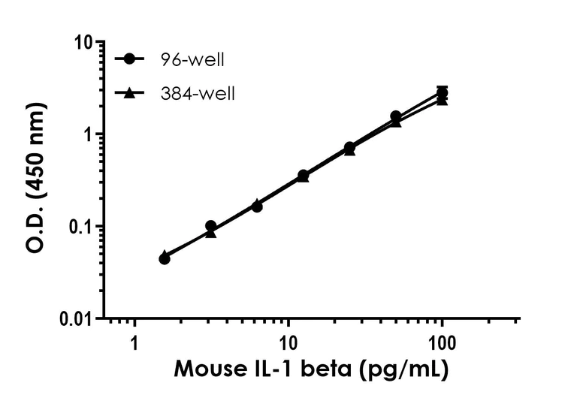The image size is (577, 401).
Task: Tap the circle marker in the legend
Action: point(130,59)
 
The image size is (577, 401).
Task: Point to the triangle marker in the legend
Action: point(130,93)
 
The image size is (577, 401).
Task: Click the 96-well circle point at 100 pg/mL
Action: point(443,93)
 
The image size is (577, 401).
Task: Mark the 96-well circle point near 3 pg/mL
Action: point(211,226)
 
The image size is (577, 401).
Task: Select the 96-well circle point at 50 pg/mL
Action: point(396,116)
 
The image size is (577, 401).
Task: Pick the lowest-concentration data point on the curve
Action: point(165,258)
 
